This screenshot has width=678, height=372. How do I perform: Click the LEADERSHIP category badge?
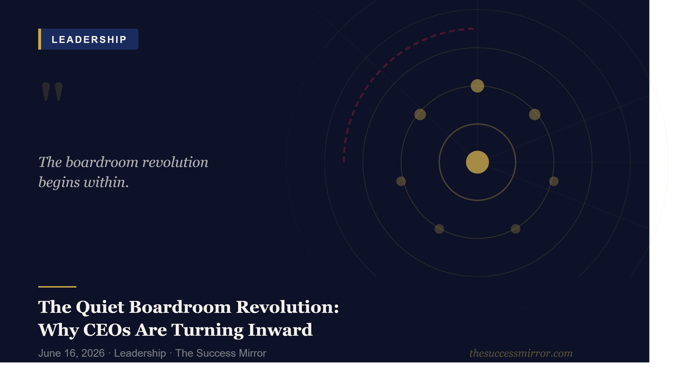point(88,39)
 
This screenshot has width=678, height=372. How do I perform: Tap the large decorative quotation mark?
point(53,91)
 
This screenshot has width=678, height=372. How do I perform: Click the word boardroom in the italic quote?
point(102,162)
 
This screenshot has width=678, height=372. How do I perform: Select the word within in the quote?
point(106,182)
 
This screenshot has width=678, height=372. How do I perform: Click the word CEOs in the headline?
point(107,330)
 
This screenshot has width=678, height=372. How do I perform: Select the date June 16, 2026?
point(72,353)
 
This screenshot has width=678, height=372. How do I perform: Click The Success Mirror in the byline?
point(221,353)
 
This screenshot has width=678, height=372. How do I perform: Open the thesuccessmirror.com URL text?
point(521,353)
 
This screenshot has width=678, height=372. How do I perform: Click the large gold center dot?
point(477,162)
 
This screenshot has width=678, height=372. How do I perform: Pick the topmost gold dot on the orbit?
point(477,86)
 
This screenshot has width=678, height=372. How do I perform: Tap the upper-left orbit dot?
point(420,115)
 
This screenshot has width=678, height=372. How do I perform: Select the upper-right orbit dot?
point(534,115)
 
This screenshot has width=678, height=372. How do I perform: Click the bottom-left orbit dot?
point(439,229)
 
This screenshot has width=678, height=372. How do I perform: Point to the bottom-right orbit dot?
point(515,229)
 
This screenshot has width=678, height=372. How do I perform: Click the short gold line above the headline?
point(57,287)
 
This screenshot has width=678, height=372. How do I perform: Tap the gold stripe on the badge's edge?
point(40,39)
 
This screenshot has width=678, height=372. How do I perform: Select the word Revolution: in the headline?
point(287,307)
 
